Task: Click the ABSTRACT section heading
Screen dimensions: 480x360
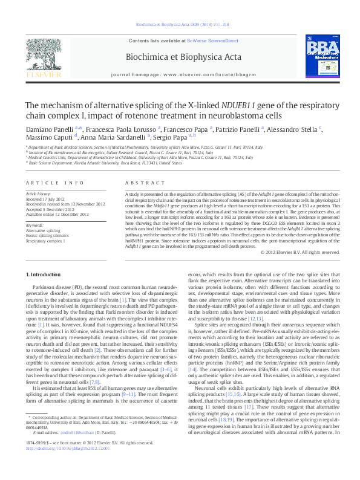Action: point(140,182)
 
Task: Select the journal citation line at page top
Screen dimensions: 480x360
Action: point(182,24)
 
